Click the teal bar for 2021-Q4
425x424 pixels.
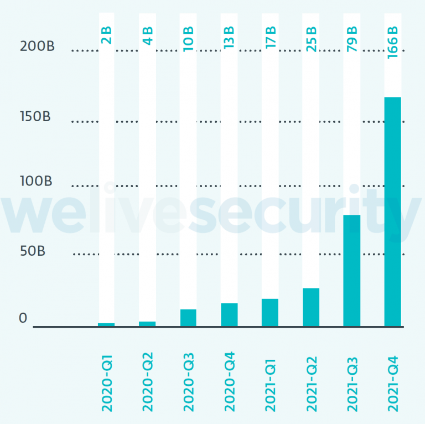(x=392, y=211)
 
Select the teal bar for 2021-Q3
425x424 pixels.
(x=351, y=270)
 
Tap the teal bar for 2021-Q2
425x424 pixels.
(x=311, y=307)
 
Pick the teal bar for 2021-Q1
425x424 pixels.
(x=270, y=312)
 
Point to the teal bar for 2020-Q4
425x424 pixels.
(x=229, y=314)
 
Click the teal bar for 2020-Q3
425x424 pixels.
(x=188, y=318)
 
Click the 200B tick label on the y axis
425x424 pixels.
(x=37, y=46)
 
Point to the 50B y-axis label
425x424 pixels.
(x=33, y=250)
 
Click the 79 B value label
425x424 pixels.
(x=351, y=38)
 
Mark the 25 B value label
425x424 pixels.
(x=311, y=38)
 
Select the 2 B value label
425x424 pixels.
(x=107, y=36)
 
